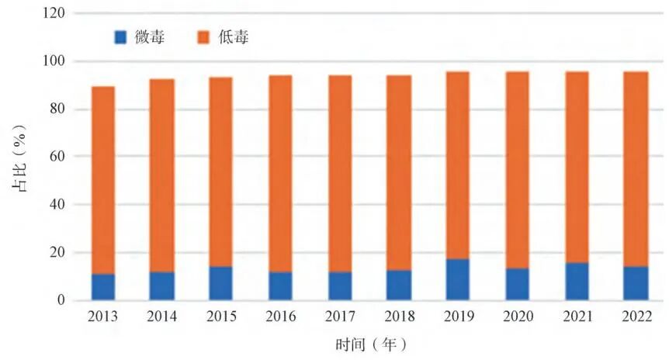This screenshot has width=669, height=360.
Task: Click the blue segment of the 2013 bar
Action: coord(103,287)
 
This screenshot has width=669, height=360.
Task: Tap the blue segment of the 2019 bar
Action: coord(458,279)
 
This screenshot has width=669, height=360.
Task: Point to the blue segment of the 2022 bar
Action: coord(636,283)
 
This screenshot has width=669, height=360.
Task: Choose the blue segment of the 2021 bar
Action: coord(577,281)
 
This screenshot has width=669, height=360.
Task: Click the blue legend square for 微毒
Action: coord(120,36)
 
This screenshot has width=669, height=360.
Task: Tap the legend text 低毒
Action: coord(237,36)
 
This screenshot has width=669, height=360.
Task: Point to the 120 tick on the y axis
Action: coord(54,13)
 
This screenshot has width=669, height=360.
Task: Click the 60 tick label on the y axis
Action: coord(57,157)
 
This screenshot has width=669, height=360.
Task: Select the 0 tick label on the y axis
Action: coord(61,300)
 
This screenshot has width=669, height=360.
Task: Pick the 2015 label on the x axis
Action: coord(221,317)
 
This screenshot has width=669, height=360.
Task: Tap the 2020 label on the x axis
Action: coord(517,317)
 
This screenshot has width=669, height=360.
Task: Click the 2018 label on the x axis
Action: coord(399,317)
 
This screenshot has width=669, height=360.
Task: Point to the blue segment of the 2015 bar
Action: coord(221,283)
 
